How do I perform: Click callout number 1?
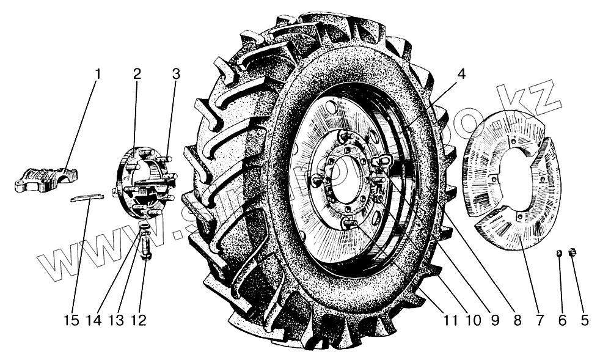pyautogui.click(x=98, y=75)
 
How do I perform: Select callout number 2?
pyautogui.click(x=137, y=75)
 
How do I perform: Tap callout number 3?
pyautogui.click(x=176, y=75)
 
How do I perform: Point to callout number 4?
pyautogui.click(x=461, y=75)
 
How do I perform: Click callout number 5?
pyautogui.click(x=584, y=320)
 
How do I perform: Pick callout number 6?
pyautogui.click(x=562, y=320)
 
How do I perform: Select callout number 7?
pyautogui.click(x=540, y=320)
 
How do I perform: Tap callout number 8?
pyautogui.click(x=517, y=320)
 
